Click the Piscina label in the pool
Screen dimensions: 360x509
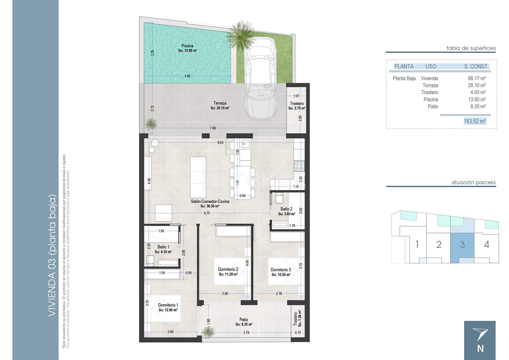coord(187,46)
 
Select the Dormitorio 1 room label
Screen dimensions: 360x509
coord(168,305)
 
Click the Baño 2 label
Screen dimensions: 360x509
coord(286,209)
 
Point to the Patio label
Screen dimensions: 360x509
coord(244,320)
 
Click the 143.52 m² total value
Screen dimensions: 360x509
coord(475,121)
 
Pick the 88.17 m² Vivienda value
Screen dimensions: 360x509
coord(477,78)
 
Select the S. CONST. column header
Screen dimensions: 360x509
coord(476,66)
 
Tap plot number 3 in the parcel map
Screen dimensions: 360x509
coord(462,245)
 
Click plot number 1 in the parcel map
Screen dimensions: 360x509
coord(417,245)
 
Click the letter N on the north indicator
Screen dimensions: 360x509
coord(480,349)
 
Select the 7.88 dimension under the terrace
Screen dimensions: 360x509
coord(213,128)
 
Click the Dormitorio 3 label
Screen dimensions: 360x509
coord(281,270)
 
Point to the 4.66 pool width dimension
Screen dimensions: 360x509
coord(187,76)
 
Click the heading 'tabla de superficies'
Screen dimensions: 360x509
coord(471,48)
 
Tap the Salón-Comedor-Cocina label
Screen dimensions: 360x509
coord(210,201)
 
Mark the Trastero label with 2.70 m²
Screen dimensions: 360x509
coord(296,104)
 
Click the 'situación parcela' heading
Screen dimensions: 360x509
coord(473,183)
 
